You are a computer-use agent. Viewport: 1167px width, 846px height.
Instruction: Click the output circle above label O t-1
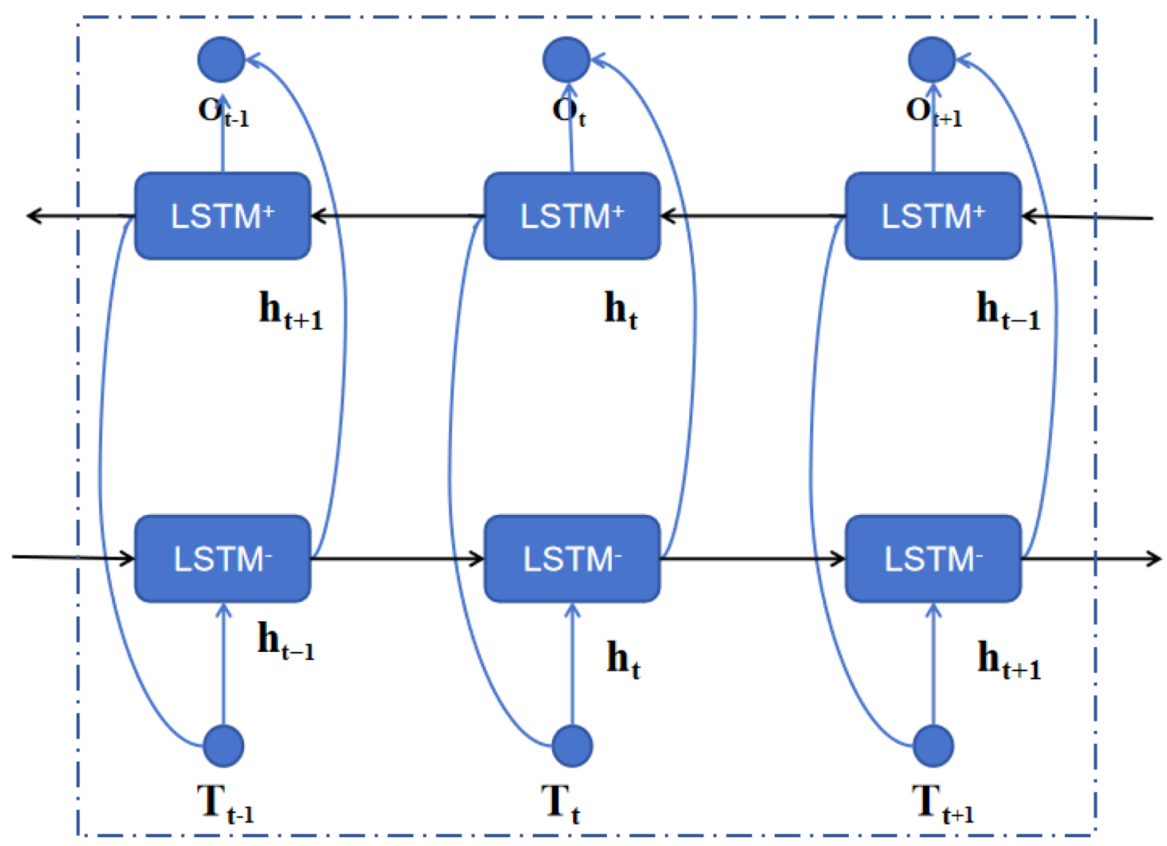[x=221, y=60]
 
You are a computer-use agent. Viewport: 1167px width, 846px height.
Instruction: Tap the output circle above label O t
[x=566, y=60]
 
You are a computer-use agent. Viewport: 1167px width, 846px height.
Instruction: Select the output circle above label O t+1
[x=931, y=60]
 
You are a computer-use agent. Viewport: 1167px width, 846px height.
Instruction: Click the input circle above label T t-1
[x=224, y=745]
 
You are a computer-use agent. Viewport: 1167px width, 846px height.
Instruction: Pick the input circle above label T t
[x=572, y=745]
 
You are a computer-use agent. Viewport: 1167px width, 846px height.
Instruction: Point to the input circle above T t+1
[x=933, y=745]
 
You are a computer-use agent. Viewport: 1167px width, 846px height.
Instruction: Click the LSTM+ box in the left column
[x=223, y=216]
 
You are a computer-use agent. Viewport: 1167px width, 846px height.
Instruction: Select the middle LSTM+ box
[x=572, y=216]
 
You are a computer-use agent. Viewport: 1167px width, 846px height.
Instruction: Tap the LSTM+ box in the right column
[x=933, y=216]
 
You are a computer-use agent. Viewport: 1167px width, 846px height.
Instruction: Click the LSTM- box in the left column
[x=223, y=559]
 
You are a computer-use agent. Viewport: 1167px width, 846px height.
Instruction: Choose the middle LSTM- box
[x=572, y=559]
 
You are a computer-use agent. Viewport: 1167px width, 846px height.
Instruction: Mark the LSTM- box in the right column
[x=933, y=559]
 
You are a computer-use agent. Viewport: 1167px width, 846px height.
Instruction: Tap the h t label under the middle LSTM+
[x=621, y=310]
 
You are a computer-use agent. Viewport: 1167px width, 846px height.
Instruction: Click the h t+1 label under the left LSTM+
[x=290, y=311]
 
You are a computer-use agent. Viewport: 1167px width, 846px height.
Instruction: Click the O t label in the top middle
[x=568, y=112]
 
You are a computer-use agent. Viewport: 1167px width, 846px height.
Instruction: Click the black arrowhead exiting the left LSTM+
[x=33, y=216]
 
